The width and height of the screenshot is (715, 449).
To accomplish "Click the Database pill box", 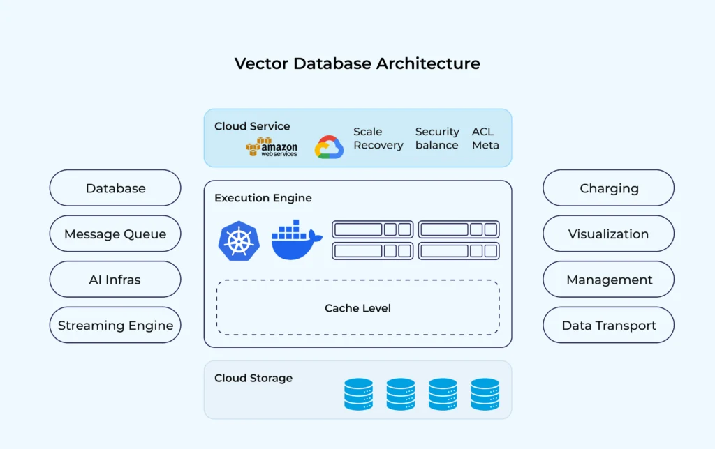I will [x=115, y=188].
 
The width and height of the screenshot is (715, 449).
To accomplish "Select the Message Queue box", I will [x=115, y=234].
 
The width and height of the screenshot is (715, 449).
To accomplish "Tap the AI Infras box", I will [x=115, y=280].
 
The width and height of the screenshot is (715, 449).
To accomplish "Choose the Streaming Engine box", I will [x=115, y=326].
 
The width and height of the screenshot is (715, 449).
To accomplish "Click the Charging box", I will [x=608, y=188].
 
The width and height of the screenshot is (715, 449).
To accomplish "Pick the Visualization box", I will [x=608, y=234].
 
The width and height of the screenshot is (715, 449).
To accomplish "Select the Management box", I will [x=608, y=280].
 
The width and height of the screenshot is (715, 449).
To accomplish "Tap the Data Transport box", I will [x=608, y=326].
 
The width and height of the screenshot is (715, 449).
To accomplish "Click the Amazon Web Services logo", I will [x=272, y=147].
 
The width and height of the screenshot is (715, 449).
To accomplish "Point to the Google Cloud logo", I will [x=329, y=147].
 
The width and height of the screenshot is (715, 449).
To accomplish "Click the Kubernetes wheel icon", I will [x=239, y=241].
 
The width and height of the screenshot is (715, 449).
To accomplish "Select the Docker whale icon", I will [x=296, y=241].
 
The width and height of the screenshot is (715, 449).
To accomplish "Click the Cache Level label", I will [x=357, y=308].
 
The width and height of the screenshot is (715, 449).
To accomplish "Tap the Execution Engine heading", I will [x=263, y=198].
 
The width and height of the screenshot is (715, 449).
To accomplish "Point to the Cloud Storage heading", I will [x=253, y=378].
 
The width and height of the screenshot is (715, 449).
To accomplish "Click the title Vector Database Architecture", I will [x=357, y=63].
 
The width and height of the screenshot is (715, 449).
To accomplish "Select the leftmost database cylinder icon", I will [x=358, y=394].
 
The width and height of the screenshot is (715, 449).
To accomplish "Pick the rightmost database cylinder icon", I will [x=485, y=394].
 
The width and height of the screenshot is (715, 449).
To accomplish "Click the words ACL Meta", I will [x=485, y=138].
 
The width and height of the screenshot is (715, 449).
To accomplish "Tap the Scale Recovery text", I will [x=378, y=138].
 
